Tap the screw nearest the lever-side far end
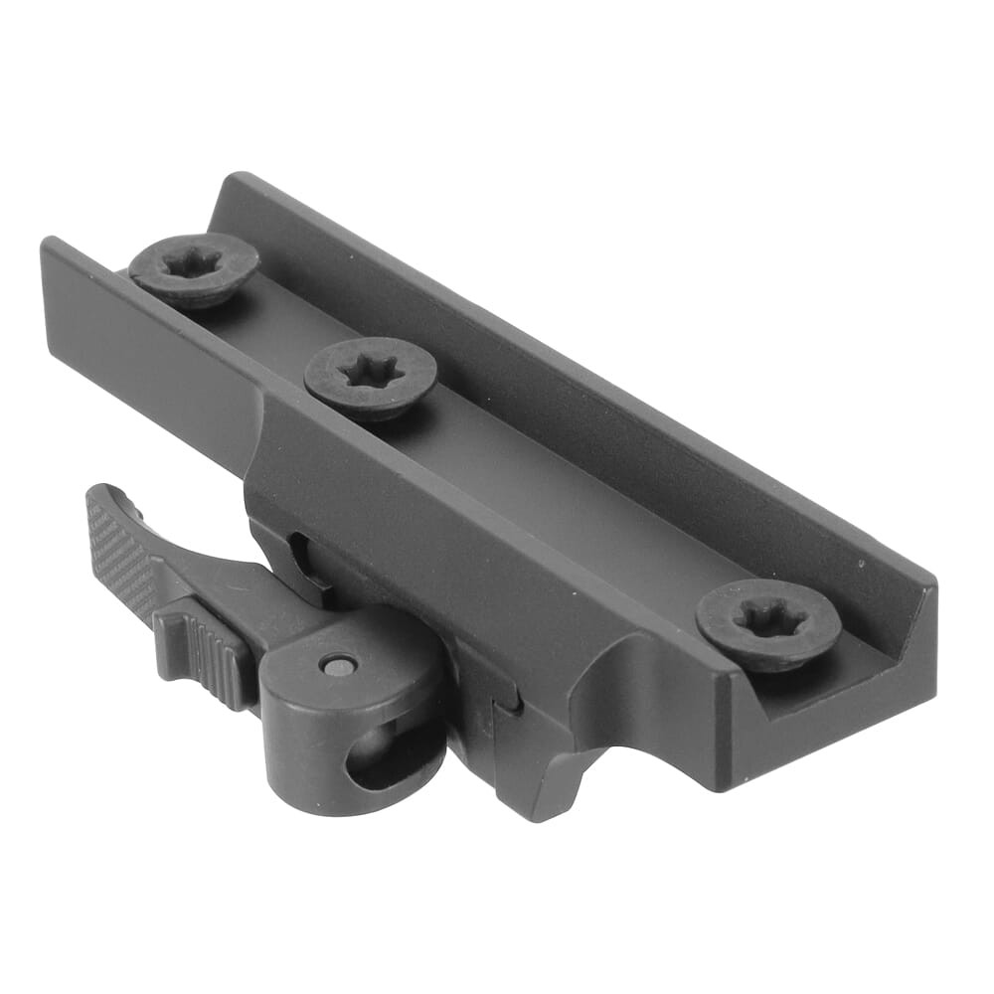pos(194,269)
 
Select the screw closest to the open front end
pos(768,623)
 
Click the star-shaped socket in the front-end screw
pos(768,620)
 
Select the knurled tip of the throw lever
pos(109,542)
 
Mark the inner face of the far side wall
pos(557,368)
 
